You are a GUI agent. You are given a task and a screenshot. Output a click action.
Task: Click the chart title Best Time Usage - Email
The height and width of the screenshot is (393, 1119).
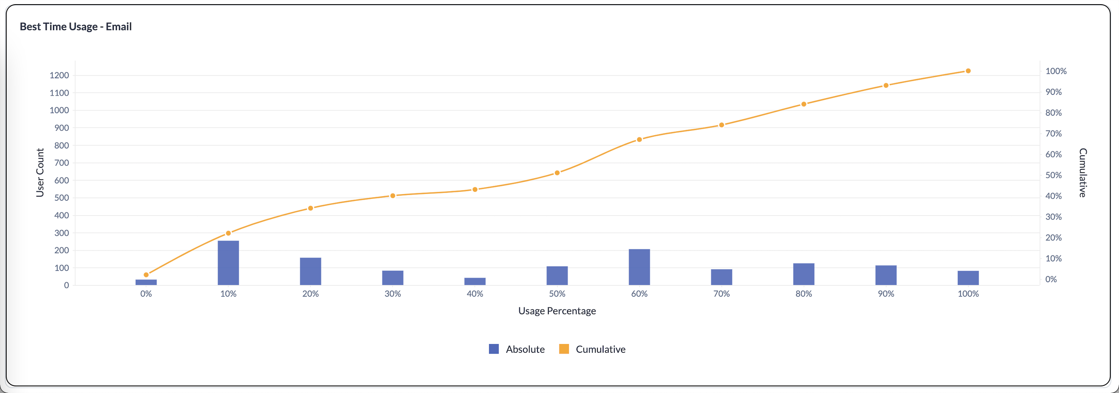click(x=76, y=27)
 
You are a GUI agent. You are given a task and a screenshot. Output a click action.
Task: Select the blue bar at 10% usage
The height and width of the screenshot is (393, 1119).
click(x=228, y=263)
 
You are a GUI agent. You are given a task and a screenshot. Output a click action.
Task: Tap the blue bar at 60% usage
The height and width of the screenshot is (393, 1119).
click(x=639, y=267)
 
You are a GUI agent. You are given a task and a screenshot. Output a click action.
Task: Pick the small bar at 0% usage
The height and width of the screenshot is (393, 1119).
click(x=146, y=282)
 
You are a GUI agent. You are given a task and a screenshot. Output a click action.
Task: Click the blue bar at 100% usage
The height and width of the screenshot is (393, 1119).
click(x=968, y=278)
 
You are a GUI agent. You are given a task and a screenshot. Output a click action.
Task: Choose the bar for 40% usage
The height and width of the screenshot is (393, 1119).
click(x=475, y=281)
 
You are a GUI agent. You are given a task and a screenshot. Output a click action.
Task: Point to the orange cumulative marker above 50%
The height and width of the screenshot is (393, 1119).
click(x=557, y=173)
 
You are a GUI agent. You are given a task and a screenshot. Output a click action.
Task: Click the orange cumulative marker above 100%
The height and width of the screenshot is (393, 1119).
click(x=968, y=71)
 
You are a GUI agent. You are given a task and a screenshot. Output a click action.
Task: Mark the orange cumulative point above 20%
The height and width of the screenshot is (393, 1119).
click(x=310, y=208)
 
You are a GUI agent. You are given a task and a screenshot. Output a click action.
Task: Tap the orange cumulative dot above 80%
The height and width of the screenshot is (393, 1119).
click(x=804, y=104)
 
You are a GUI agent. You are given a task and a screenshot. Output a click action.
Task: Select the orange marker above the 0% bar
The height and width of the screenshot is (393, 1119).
click(x=146, y=275)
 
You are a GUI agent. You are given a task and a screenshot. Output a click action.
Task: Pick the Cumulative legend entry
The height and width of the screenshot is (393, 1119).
click(x=592, y=349)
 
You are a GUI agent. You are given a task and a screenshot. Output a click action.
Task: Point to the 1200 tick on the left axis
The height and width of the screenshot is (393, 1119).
click(x=59, y=75)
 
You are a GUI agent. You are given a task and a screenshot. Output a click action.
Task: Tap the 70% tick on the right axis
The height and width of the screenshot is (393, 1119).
click(x=1053, y=133)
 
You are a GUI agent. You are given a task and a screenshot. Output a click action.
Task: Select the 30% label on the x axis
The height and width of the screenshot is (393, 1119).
click(x=393, y=294)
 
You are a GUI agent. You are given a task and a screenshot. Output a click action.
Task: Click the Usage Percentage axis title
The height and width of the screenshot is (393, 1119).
click(x=557, y=311)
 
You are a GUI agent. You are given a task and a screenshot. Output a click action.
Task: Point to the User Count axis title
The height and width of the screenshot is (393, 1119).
click(x=40, y=172)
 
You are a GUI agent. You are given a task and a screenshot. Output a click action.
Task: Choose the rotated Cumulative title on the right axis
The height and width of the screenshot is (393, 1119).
click(x=1082, y=172)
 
